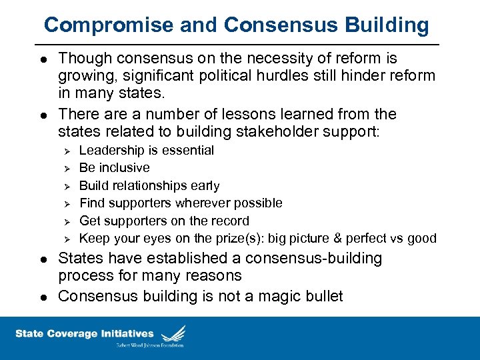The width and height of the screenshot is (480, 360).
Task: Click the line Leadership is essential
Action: coord(147,150)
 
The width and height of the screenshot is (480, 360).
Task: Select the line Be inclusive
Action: coord(114,168)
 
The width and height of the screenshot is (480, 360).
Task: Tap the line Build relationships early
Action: coord(149,185)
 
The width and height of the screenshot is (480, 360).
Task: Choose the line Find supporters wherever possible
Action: coord(181,203)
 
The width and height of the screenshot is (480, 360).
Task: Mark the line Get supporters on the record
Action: coord(164,221)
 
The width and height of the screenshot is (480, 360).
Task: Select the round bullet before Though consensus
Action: coord(44,59)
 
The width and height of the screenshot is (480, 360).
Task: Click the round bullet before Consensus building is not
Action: coord(44,297)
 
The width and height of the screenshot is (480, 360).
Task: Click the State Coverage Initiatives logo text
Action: coord(84,333)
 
